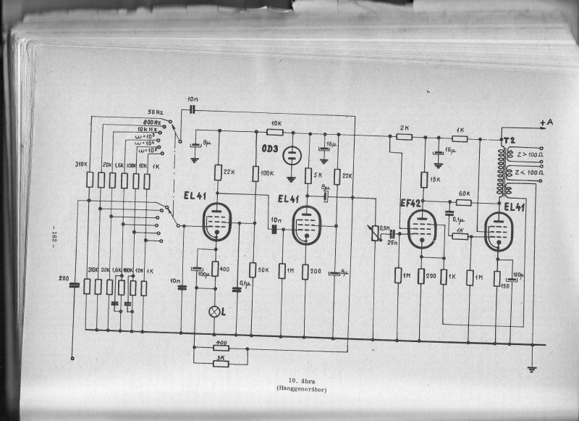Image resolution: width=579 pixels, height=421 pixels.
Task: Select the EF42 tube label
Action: [413, 204]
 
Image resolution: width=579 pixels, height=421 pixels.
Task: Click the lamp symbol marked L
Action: [214, 311]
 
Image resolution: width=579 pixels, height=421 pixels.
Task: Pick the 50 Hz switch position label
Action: [156, 112]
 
